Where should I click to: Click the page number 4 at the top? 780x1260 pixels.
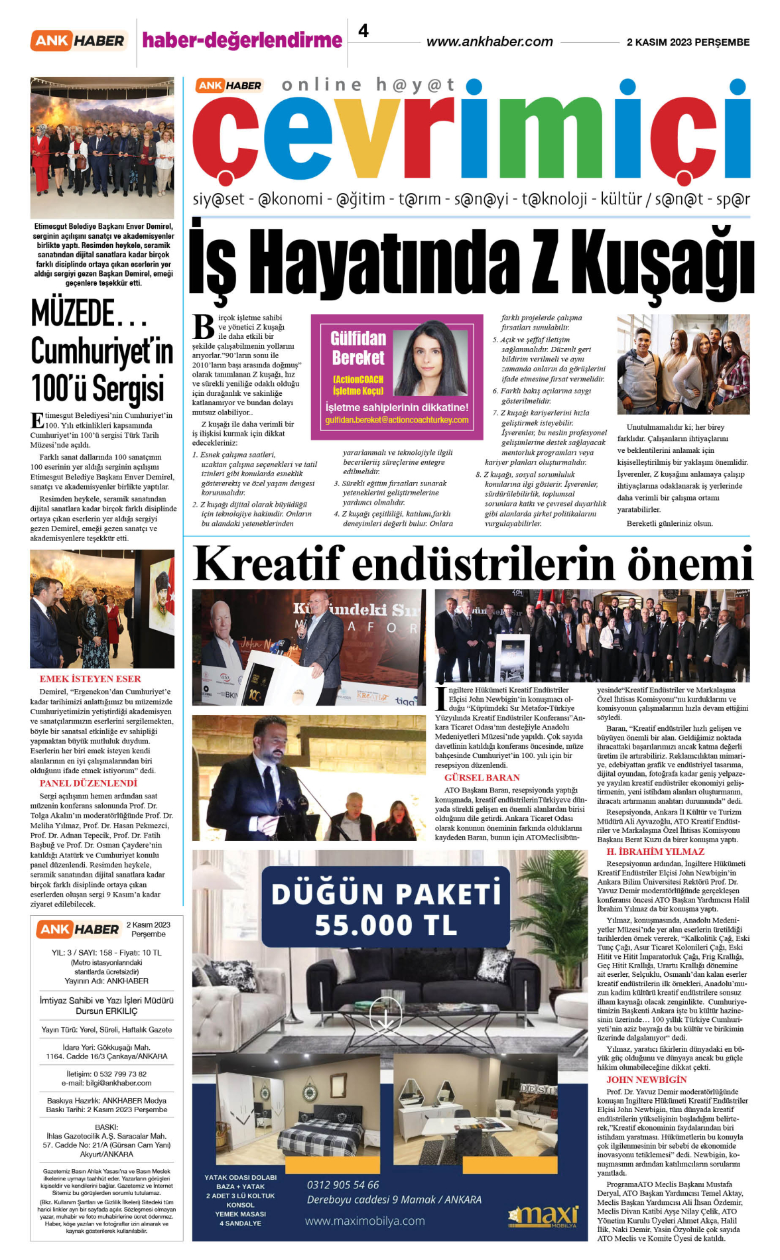point(363,31)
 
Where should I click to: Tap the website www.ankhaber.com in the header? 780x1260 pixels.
point(489,42)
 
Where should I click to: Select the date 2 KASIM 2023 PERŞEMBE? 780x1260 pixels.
point(688,42)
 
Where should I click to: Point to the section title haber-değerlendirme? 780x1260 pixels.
point(242,40)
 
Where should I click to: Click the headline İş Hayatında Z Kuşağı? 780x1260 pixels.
point(471,261)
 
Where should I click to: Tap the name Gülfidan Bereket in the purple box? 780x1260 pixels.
point(358,348)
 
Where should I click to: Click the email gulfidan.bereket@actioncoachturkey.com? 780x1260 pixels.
point(397,420)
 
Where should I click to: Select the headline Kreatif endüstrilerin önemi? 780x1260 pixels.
point(472,564)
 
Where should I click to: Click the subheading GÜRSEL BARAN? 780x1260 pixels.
point(482,777)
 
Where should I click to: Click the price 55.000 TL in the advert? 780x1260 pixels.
point(385,925)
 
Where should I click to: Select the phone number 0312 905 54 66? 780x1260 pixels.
point(343,1184)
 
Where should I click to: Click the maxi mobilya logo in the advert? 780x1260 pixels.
point(543,1215)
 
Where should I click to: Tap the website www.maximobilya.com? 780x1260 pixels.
point(365,1220)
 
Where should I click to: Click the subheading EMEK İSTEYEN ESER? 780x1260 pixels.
point(90,678)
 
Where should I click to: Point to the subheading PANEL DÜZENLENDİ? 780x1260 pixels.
point(88,783)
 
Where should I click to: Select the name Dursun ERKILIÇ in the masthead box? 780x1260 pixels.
point(107,1011)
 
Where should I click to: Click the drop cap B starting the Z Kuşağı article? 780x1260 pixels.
point(204,327)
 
